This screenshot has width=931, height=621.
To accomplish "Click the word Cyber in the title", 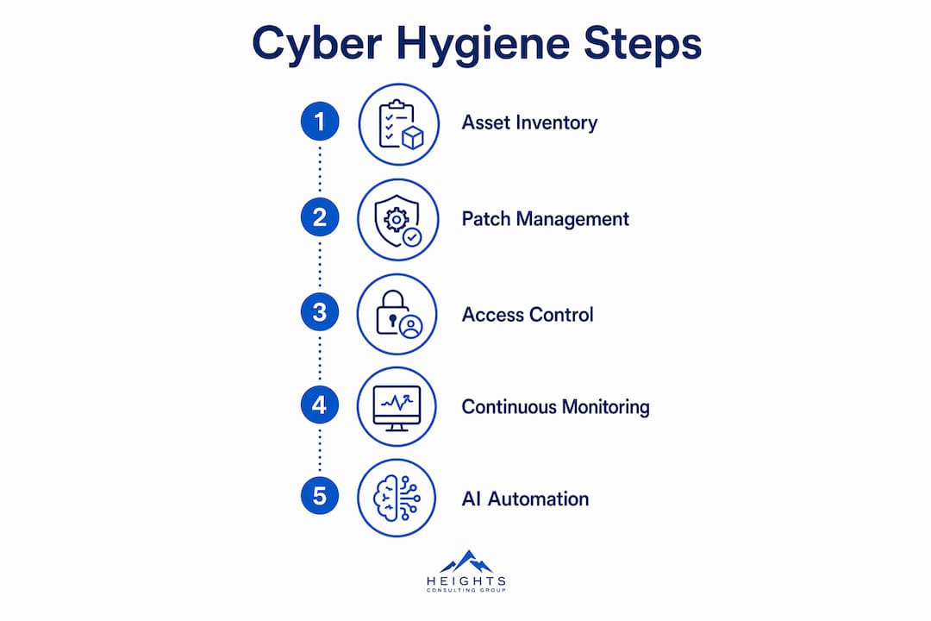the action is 316,44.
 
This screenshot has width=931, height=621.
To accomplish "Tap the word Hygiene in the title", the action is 483,44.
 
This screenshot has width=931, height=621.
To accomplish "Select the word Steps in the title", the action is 642,44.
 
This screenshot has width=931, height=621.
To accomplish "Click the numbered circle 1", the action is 320,122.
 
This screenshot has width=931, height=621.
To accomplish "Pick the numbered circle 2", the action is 320,216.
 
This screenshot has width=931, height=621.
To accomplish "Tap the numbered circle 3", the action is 320,312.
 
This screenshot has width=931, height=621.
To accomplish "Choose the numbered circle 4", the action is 320,405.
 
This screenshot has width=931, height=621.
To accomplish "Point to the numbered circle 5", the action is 320,496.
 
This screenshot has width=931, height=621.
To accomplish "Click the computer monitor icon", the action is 397,408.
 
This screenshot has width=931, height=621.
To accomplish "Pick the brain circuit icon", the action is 397,498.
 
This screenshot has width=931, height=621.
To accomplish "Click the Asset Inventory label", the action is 529,122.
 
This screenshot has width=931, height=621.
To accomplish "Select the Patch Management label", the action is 545,219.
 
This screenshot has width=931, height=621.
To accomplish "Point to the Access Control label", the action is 528,314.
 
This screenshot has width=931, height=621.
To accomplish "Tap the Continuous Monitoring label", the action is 556,407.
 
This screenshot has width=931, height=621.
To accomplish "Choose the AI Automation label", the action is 526,499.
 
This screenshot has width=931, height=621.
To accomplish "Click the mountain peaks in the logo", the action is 466,561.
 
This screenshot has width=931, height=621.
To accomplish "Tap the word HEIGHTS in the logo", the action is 466,580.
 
